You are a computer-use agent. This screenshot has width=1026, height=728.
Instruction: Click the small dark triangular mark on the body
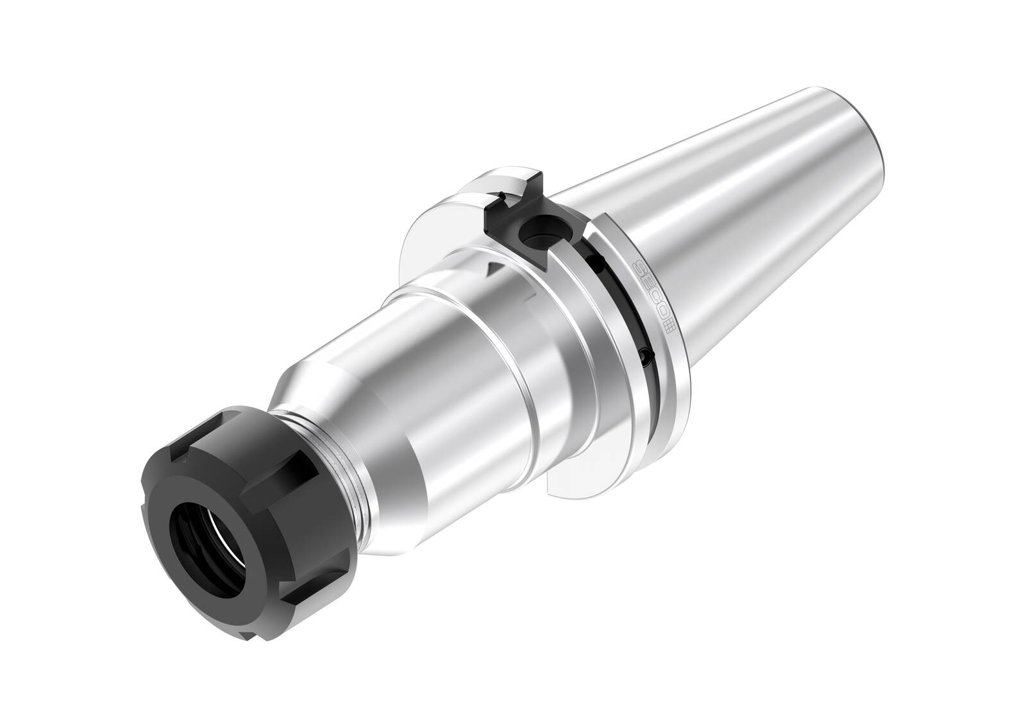point(492,269)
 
